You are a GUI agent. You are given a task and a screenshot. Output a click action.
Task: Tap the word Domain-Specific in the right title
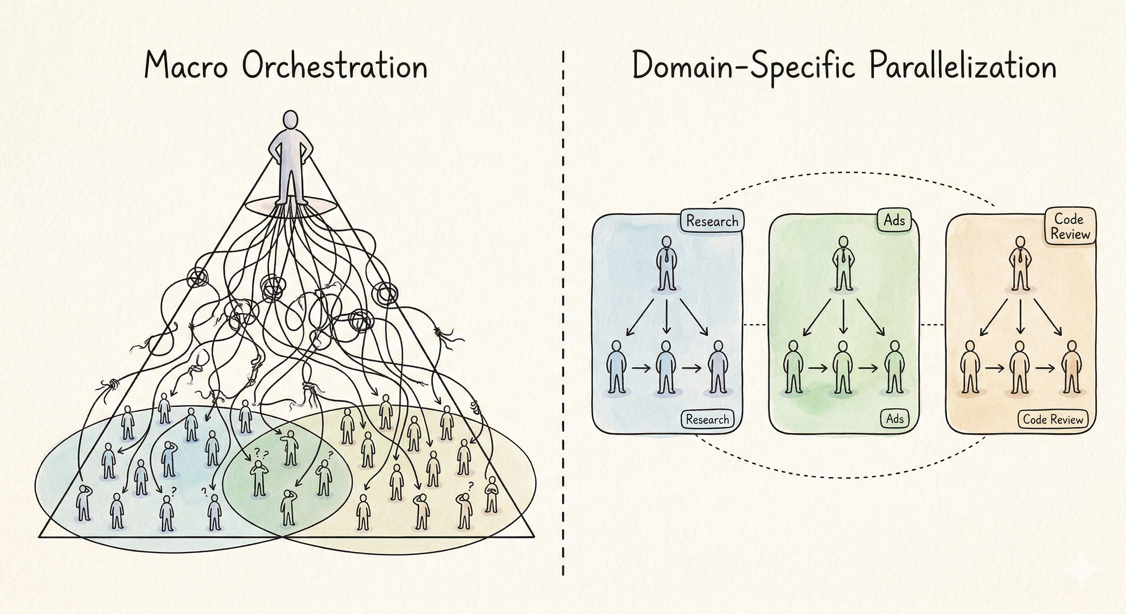click(743, 66)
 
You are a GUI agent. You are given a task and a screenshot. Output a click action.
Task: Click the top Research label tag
click(712, 221)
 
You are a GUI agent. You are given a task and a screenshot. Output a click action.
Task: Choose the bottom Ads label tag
click(894, 419)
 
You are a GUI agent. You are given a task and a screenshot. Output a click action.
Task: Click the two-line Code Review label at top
click(1070, 226)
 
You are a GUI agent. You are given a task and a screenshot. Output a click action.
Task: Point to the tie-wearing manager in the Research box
click(666, 264)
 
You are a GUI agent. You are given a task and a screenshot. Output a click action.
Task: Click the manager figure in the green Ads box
click(843, 264)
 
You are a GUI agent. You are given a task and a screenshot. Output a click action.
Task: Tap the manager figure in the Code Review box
click(1019, 264)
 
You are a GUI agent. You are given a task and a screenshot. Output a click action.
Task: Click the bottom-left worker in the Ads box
click(793, 367)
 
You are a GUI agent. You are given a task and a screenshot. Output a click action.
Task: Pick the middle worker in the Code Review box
click(1019, 367)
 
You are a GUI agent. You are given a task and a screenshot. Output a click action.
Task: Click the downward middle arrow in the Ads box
click(844, 316)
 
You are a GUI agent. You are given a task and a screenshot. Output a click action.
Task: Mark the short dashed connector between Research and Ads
click(755, 325)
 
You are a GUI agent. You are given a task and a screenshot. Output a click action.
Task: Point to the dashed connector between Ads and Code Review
click(932, 325)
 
